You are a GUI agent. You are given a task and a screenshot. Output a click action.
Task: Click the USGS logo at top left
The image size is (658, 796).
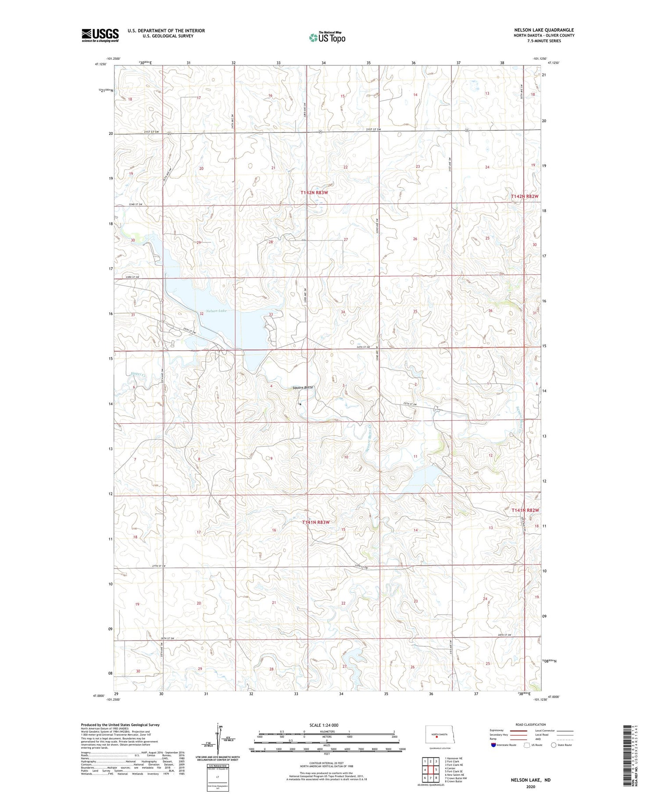100,35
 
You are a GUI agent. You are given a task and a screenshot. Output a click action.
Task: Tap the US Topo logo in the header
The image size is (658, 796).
327,38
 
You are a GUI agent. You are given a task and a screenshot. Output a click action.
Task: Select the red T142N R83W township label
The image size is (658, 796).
314,193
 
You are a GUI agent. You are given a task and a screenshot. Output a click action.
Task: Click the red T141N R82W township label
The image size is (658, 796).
525,510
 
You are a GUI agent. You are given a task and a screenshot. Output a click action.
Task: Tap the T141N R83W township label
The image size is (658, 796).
315,522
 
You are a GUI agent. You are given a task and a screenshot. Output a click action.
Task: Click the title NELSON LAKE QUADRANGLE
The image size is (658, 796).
544,30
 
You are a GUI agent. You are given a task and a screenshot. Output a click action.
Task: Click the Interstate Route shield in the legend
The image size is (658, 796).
493,745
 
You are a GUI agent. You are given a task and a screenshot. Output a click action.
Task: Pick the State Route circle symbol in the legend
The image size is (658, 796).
554,745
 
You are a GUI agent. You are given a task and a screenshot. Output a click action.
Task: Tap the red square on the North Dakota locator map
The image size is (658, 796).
436,737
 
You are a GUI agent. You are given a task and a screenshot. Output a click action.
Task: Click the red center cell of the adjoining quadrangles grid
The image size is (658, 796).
430,770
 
